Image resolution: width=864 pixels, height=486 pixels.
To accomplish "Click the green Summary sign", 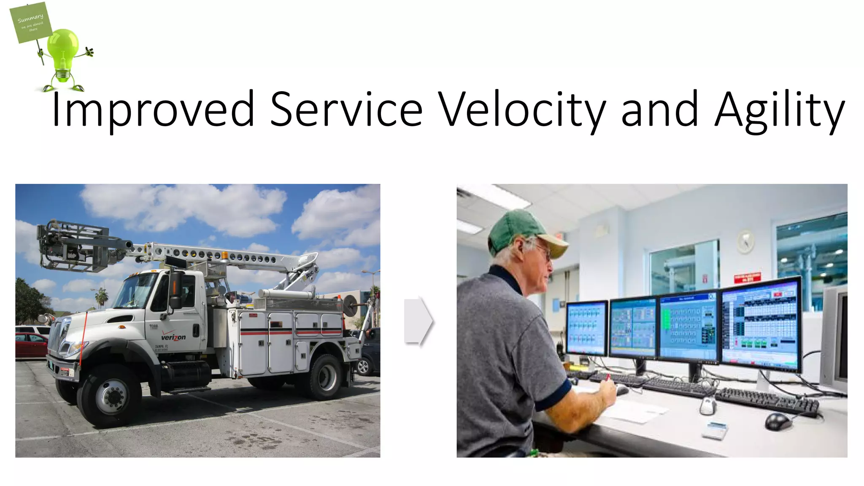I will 31,22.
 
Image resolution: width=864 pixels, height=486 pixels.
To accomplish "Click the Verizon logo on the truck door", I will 173,337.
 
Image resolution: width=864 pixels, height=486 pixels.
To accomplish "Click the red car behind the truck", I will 31,344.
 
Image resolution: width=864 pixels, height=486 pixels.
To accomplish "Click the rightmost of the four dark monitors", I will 762,324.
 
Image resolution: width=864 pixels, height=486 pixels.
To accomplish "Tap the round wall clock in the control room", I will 745,242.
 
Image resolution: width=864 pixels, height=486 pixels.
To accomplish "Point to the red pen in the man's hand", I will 607,377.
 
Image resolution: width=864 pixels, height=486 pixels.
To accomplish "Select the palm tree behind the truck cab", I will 102,295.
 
